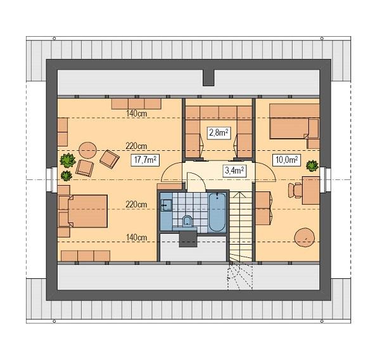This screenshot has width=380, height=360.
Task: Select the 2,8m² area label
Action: (x=218, y=132)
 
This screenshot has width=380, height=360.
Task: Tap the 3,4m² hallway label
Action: (x=235, y=170)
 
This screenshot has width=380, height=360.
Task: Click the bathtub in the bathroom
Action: (x=216, y=212)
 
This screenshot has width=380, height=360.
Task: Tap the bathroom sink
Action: (x=167, y=205)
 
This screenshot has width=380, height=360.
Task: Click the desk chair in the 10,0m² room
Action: (x=295, y=189)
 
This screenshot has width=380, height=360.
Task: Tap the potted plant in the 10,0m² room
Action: (x=312, y=166)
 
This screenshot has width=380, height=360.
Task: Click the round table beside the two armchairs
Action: (x=87, y=151)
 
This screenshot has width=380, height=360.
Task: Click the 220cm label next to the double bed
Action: (x=136, y=205)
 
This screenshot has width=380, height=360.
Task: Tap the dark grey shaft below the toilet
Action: (x=188, y=238)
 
